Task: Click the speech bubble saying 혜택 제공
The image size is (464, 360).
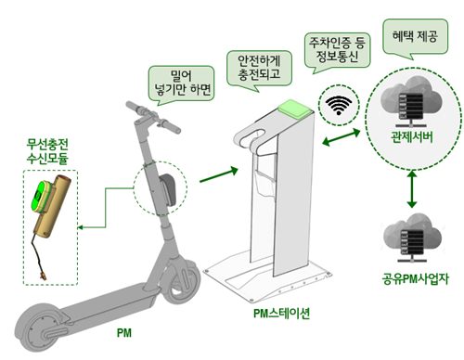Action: point(415,36)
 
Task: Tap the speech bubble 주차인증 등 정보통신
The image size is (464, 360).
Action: point(337,50)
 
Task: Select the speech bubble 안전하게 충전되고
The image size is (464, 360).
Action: point(259,68)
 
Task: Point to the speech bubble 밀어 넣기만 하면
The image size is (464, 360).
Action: point(181,83)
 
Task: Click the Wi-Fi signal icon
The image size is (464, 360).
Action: point(339,105)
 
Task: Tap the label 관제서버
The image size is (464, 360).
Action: point(412,137)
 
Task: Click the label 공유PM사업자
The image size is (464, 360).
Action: point(415,279)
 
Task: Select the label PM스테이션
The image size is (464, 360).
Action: point(281,314)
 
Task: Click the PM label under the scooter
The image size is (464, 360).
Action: point(124,333)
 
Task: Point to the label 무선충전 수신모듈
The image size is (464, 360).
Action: point(47,151)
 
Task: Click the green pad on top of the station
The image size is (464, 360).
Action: point(294,109)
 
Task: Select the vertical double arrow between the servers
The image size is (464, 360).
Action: point(412,189)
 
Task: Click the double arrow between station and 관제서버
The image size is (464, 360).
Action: point(342,136)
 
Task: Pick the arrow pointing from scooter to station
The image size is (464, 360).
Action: point(219,174)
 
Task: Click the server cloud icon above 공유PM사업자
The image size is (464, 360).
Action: point(412,238)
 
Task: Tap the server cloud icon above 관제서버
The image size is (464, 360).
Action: point(411,102)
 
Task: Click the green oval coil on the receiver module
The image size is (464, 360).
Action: point(40,196)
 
